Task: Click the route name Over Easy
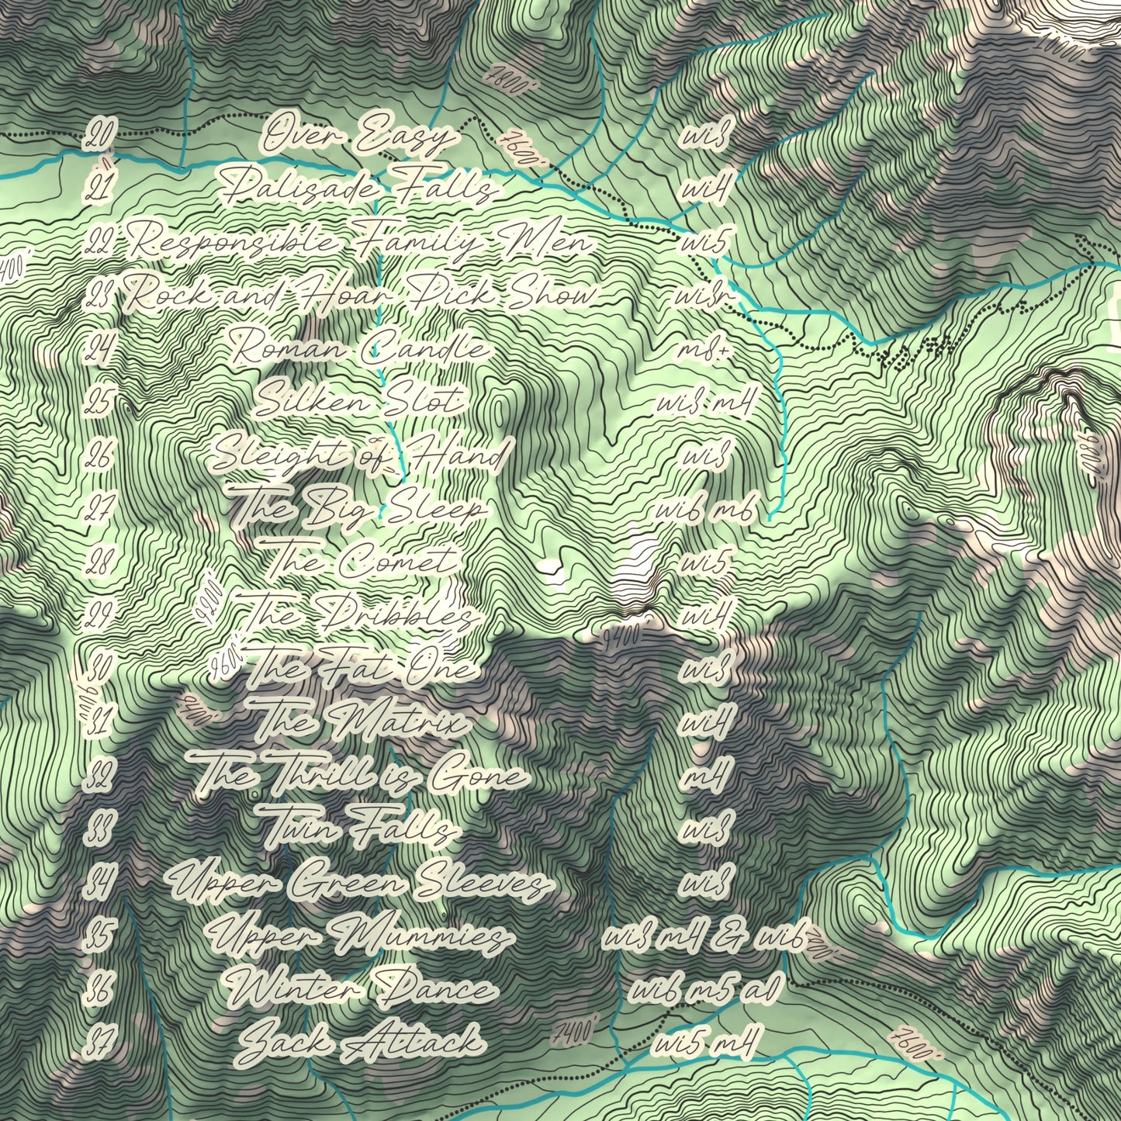click(x=358, y=137)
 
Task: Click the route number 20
click(x=99, y=137)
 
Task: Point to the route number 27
click(x=99, y=508)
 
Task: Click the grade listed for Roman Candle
click(x=704, y=349)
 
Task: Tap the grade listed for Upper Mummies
click(x=706, y=936)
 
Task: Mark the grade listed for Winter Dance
click(x=704, y=989)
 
